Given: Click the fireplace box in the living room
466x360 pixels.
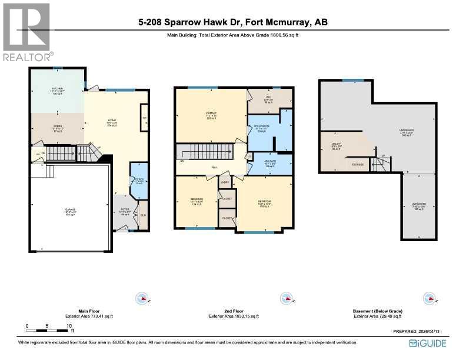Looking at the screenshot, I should coord(144,118).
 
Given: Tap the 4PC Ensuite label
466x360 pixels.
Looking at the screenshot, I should coord(261,127).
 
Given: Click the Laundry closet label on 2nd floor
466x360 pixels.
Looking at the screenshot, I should coord(225,184).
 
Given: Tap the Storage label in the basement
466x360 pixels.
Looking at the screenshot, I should coord(357,165).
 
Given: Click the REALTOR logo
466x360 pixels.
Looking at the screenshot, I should coord(27,32).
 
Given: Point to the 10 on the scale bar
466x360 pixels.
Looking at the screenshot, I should coord(69,325).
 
